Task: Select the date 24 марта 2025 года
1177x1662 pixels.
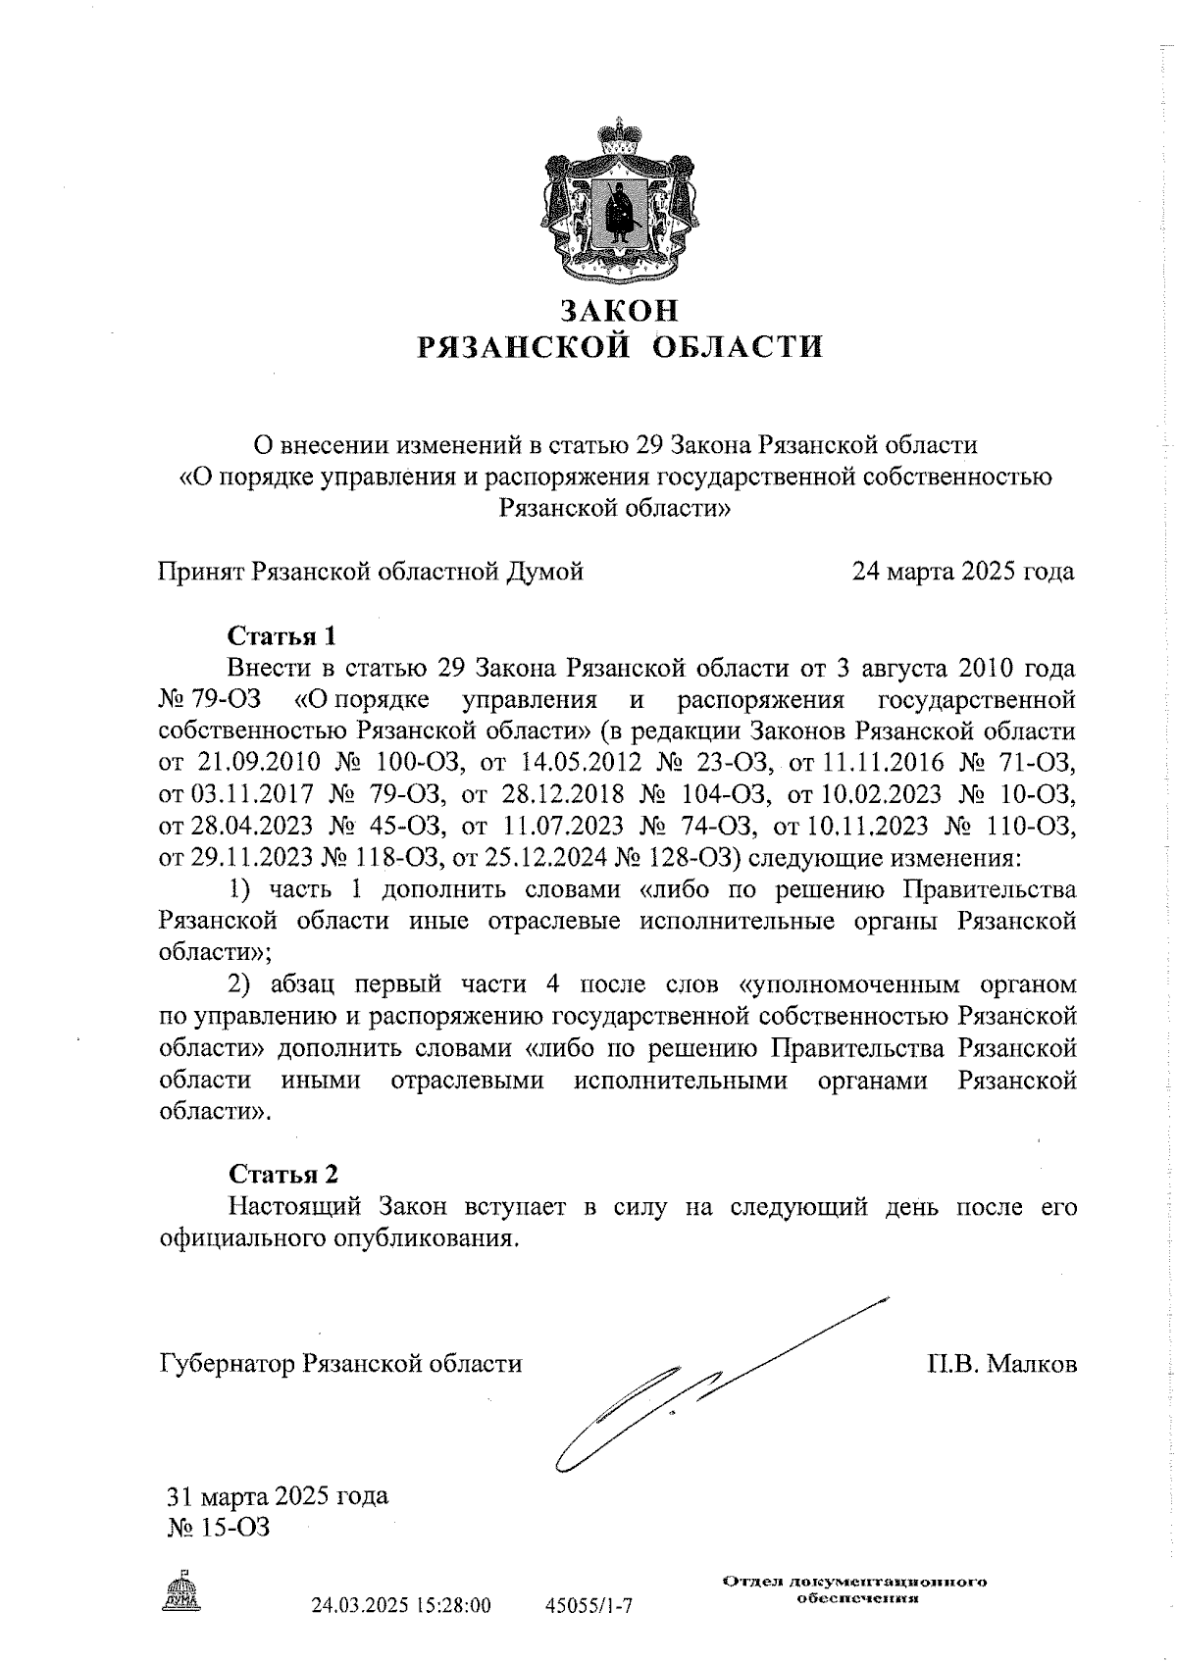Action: (x=963, y=572)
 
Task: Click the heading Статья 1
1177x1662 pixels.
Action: (x=281, y=636)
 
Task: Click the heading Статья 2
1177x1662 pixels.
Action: (x=283, y=1174)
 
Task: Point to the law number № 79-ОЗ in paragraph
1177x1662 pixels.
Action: (x=202, y=701)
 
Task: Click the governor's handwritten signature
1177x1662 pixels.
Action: (x=687, y=1392)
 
